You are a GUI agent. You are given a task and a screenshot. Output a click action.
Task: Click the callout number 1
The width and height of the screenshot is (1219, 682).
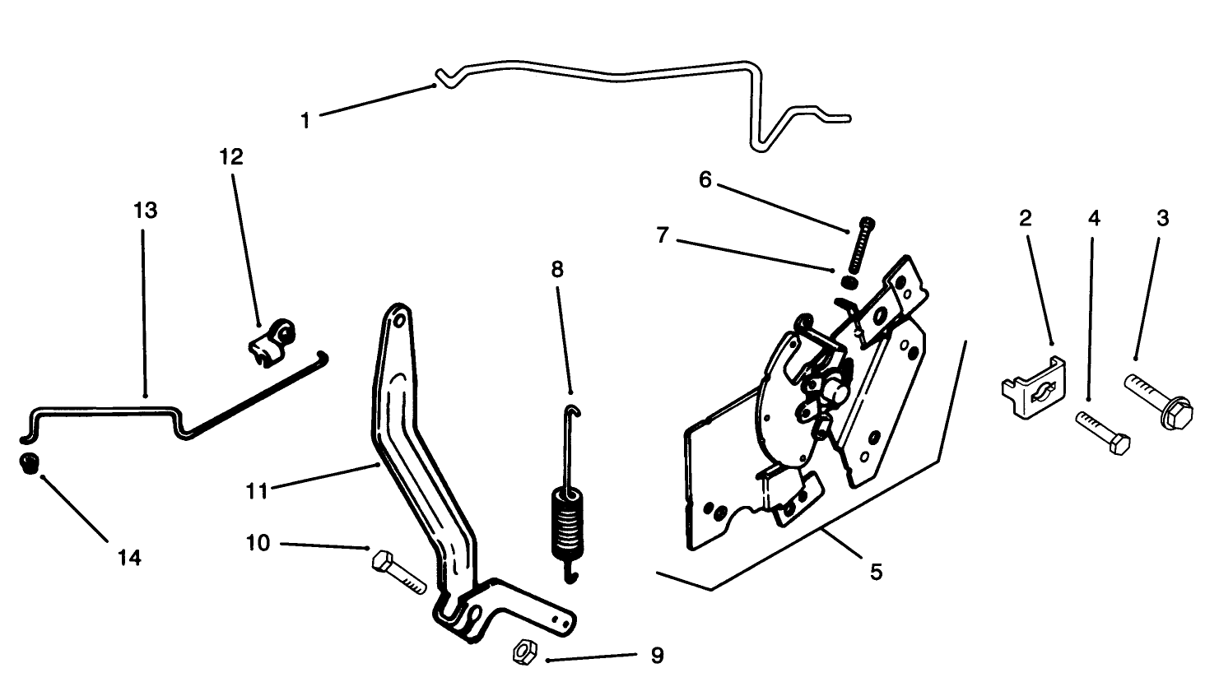point(305,121)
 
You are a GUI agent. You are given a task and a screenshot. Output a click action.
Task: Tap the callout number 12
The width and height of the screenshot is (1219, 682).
point(232,157)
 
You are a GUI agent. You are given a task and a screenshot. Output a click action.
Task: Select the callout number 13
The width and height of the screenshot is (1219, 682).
point(145,211)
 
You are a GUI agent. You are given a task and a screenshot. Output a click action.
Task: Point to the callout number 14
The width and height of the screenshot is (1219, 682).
point(129,558)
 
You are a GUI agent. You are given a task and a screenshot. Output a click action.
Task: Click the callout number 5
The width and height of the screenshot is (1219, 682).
point(876,571)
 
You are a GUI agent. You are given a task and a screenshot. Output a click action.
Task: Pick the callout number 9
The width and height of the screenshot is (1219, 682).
point(656,656)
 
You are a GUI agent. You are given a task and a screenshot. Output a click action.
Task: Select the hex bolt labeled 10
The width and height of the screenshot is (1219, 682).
point(398,572)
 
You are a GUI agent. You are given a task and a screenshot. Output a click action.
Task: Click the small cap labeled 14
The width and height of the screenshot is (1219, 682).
point(29,462)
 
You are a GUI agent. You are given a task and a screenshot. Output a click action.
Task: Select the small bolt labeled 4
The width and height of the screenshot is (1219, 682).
point(1103,433)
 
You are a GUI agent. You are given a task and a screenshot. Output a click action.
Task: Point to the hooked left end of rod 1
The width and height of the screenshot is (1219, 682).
point(445,79)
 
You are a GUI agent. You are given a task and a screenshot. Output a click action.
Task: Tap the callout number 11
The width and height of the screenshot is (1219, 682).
point(258,491)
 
